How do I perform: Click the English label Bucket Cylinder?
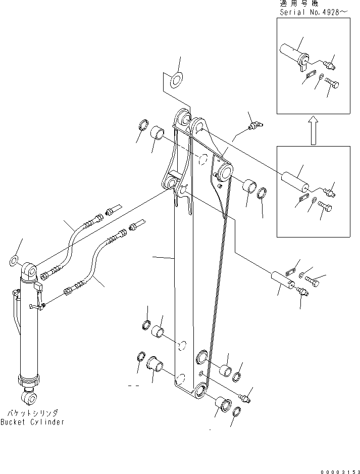32,422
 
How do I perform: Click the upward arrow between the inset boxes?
313,129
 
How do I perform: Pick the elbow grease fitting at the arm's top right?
255,125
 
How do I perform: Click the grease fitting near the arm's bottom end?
245,399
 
